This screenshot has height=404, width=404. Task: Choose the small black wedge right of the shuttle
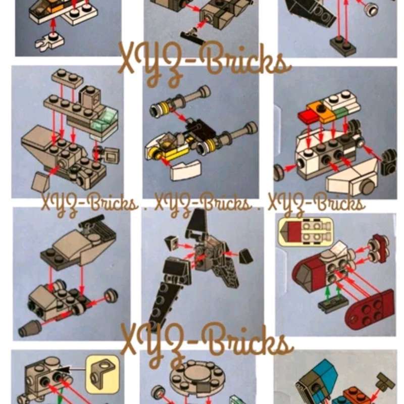tap(245, 256)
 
